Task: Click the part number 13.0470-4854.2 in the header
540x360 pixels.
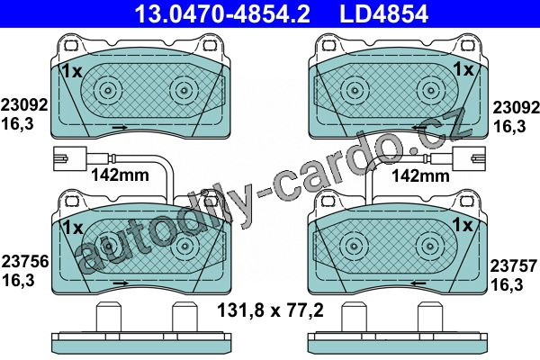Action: coord(222,14)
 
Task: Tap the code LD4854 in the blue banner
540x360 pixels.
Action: coord(383,14)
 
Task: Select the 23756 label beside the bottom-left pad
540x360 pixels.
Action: coord(25,262)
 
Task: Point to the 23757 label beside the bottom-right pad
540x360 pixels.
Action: coord(514,266)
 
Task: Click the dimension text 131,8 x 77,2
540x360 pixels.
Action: coord(270,310)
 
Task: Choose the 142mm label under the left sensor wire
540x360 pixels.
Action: coord(120,175)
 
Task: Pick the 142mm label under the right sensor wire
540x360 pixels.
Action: coord(421,176)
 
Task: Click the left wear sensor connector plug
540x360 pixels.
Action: coord(69,158)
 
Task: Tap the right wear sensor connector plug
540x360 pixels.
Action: coord(470,158)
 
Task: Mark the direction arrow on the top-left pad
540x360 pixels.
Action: coord(121,128)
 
